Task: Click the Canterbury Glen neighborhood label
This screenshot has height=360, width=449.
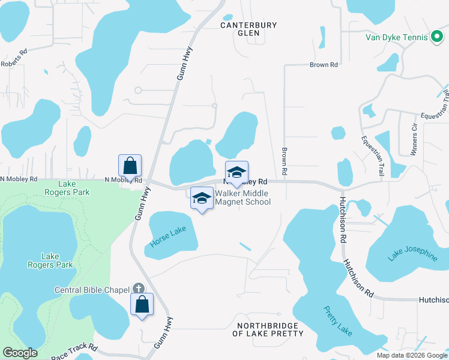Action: pyautogui.click(x=249, y=29)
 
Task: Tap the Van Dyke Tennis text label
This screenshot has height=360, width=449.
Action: pyautogui.click(x=397, y=37)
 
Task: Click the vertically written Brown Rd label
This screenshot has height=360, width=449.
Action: pyautogui.click(x=284, y=162)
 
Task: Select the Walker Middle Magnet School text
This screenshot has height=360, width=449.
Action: pyautogui.click(x=243, y=197)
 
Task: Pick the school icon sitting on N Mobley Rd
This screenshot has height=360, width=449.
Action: pyautogui.click(x=237, y=172)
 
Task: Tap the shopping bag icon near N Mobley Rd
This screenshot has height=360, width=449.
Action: pyautogui.click(x=130, y=165)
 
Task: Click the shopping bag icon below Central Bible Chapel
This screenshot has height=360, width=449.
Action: pyautogui.click(x=142, y=304)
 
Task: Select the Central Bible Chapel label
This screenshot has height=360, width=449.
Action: pyautogui.click(x=93, y=290)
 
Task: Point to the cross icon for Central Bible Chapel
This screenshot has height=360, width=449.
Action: pyautogui.click(x=139, y=289)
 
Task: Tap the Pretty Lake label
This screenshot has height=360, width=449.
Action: pyautogui.click(x=339, y=321)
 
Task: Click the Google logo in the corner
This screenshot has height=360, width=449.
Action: pyautogui.click(x=20, y=353)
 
